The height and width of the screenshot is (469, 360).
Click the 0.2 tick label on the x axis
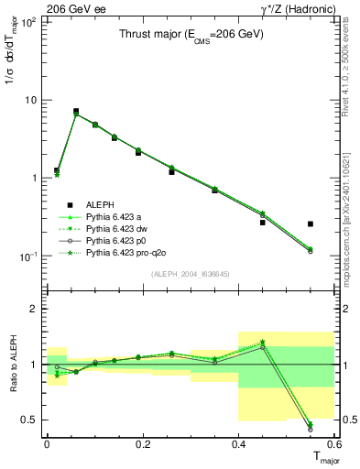point(142,443)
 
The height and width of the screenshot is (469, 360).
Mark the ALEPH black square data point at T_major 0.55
point(311,224)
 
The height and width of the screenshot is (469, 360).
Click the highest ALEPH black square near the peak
point(76,111)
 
